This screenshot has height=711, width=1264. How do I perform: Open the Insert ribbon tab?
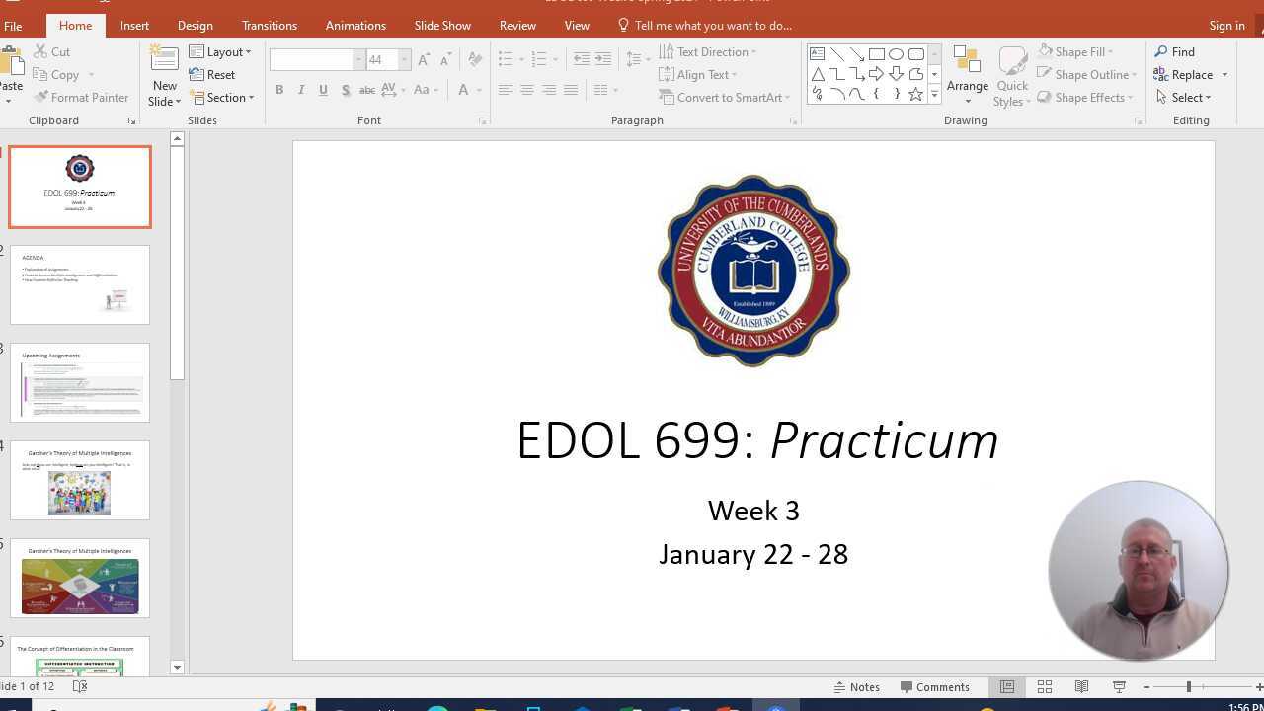click(134, 26)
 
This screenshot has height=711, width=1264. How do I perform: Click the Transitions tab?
click(269, 26)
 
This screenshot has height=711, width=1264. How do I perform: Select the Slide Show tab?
click(442, 26)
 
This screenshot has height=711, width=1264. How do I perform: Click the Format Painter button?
click(82, 98)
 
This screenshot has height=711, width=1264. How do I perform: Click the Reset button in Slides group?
click(213, 75)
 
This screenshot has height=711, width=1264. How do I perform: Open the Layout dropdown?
click(221, 52)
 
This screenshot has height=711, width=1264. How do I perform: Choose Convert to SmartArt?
click(725, 98)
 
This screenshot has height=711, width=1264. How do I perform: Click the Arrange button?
click(967, 75)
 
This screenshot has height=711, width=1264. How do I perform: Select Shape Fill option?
click(1077, 52)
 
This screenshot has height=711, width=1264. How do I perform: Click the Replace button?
click(1191, 75)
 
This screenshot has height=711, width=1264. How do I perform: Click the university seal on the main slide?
click(753, 271)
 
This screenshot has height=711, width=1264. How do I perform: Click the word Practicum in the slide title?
click(884, 440)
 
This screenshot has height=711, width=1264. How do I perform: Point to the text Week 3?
click(753, 511)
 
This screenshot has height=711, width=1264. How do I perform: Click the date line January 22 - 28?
click(753, 554)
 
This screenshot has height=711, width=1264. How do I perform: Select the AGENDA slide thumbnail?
click(80, 284)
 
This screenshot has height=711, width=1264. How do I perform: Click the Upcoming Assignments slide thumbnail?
click(80, 382)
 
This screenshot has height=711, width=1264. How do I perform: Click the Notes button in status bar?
click(856, 687)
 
